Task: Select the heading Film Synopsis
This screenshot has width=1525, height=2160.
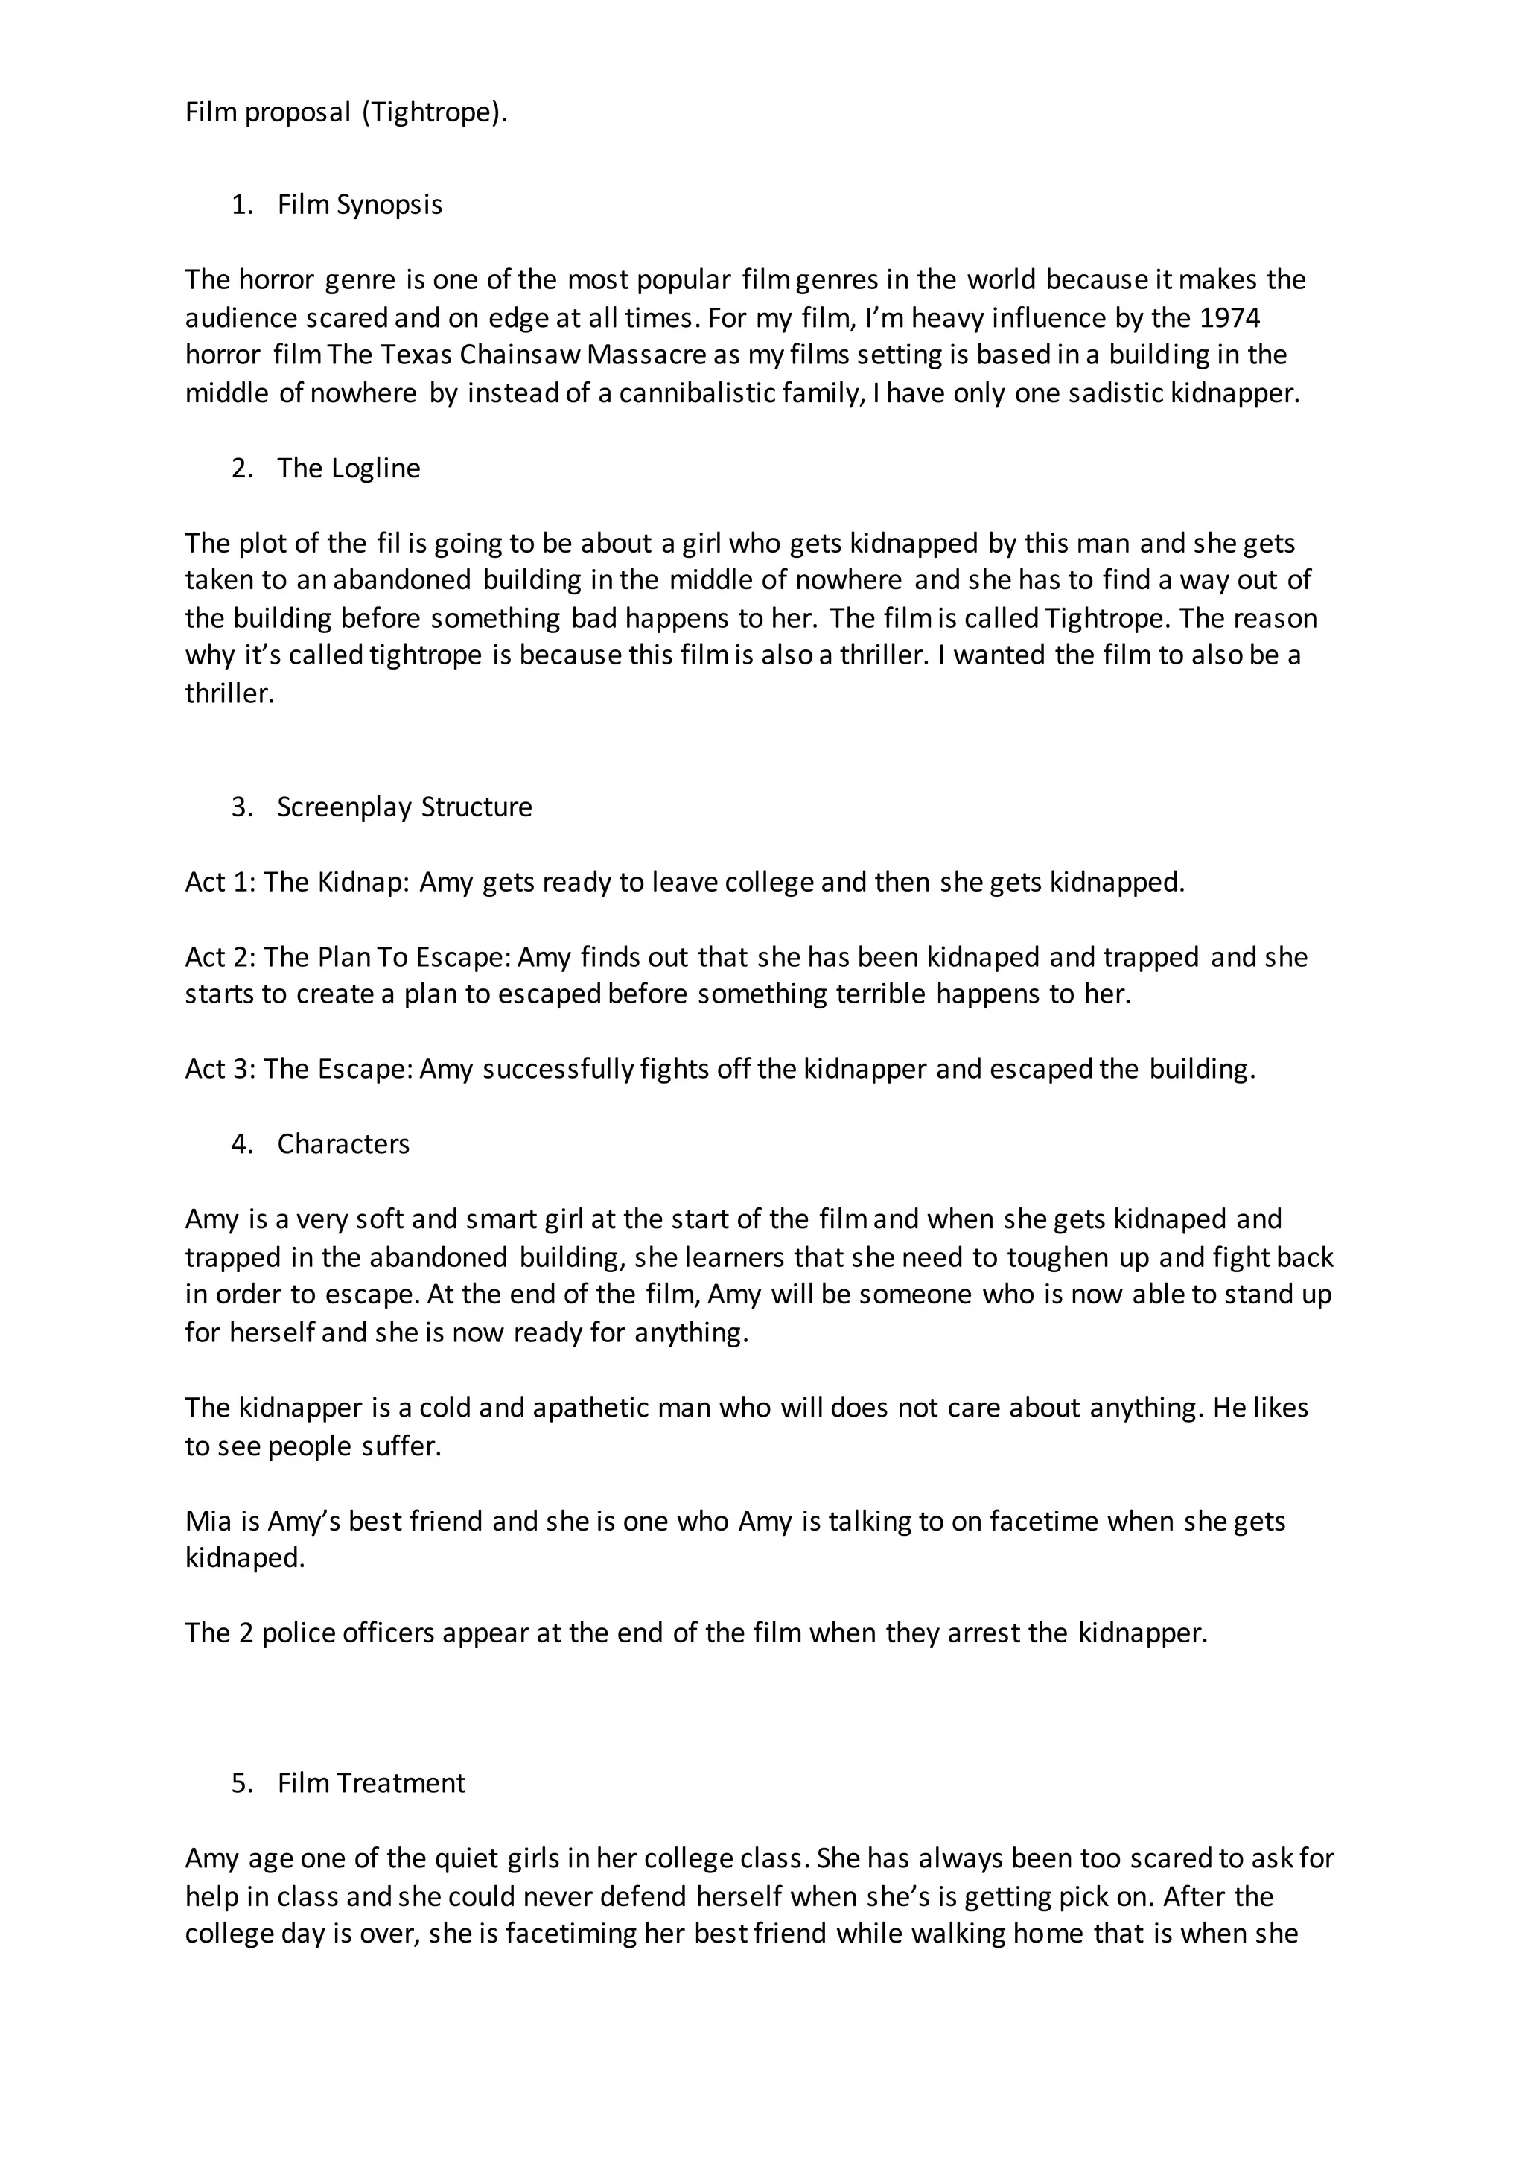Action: pos(360,204)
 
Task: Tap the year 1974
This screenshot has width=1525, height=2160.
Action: pos(1229,318)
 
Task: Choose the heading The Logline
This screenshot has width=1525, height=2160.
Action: pos(348,468)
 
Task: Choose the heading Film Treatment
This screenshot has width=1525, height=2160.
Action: pos(371,1783)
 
